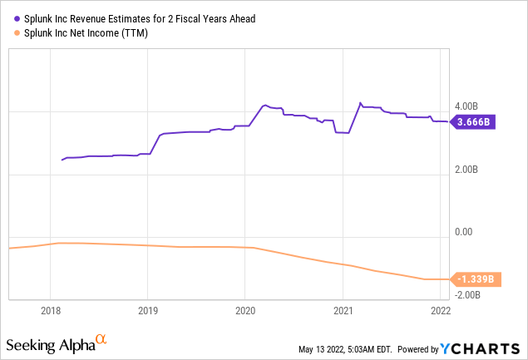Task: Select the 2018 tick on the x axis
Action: [51, 311]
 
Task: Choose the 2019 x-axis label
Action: [147, 311]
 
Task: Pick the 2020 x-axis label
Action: [244, 311]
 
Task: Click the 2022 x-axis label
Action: [440, 311]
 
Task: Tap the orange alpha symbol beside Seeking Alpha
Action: [101, 339]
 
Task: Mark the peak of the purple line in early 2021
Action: [359, 103]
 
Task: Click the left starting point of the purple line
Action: [62, 160]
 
